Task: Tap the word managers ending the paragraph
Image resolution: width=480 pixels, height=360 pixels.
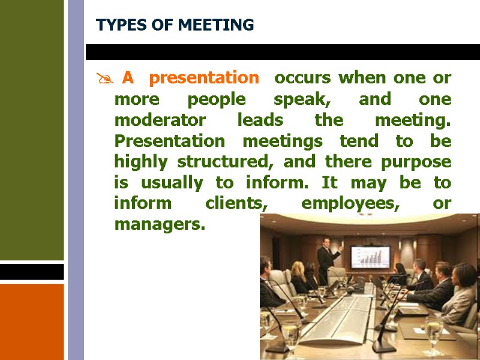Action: point(160,225)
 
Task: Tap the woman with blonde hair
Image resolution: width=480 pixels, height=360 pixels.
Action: point(298,275)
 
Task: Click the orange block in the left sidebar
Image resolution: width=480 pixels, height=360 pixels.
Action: point(32,321)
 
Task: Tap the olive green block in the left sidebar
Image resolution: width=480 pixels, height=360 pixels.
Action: point(32,129)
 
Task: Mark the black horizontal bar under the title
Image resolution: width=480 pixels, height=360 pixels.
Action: point(282,52)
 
